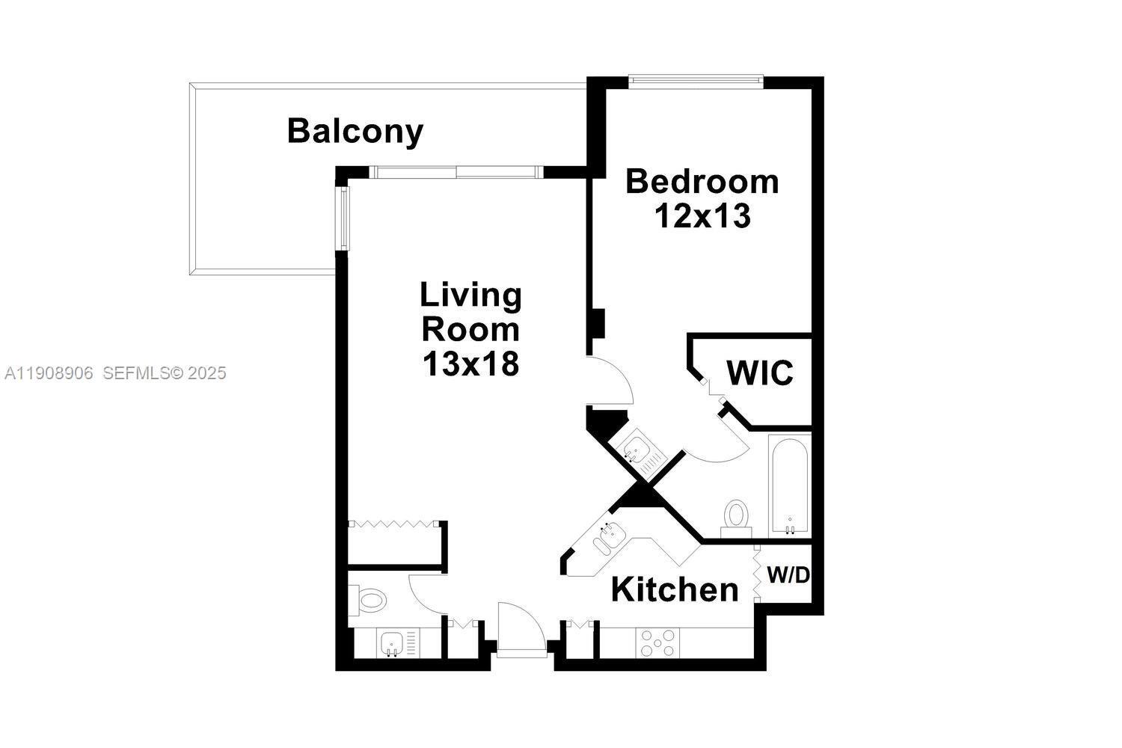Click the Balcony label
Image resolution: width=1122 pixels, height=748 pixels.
[355, 131]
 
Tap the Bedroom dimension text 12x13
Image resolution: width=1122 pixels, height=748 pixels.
[702, 216]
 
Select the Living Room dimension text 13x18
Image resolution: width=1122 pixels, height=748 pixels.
[470, 364]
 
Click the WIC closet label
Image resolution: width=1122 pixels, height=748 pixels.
[759, 373]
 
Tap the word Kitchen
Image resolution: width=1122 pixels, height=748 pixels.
[675, 589]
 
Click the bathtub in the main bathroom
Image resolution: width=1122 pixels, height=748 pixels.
[789, 486]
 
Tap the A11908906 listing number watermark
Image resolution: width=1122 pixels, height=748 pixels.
[49, 373]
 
